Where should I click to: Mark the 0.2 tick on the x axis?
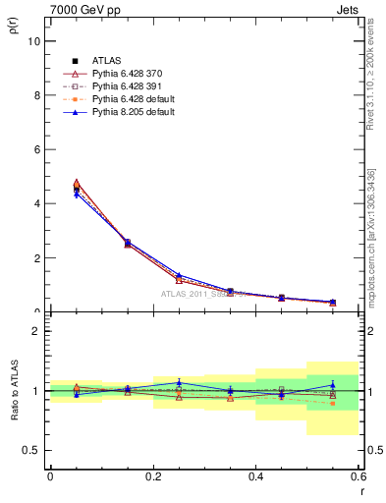pyautogui.click(x=152, y=476)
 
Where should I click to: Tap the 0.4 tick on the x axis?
pyautogui.click(x=255, y=476)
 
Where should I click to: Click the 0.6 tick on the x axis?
pyautogui.click(x=358, y=476)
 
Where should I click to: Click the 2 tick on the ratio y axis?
pyautogui.click(x=35, y=331)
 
